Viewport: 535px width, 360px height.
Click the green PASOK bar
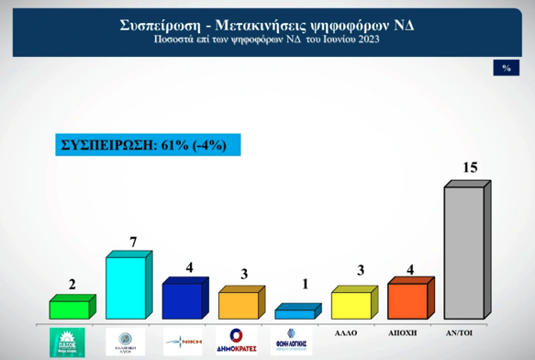[x=70, y=309]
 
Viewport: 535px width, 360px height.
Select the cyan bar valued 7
[x=127, y=287]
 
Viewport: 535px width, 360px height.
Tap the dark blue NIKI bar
[x=183, y=300]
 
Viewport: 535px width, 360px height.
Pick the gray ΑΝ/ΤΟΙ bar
[x=464, y=252]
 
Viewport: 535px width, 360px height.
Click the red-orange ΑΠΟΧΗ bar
[x=408, y=300]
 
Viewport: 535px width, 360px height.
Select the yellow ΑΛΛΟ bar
[x=351, y=304]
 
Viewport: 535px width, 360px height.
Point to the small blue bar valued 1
[x=295, y=313]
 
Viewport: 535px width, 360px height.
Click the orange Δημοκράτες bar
[x=239, y=305]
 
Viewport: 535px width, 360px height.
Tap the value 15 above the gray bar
[x=470, y=167]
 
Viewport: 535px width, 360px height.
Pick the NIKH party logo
[x=181, y=341]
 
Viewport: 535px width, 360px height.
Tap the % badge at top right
[x=506, y=68]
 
